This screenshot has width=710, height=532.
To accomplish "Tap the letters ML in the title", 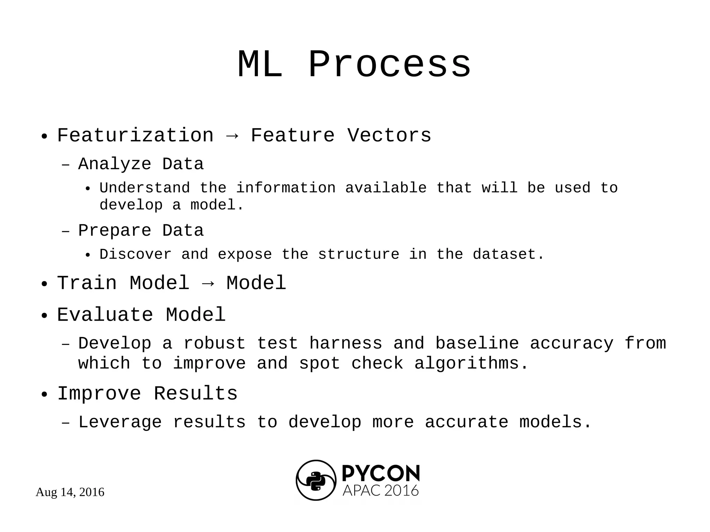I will click(x=260, y=65).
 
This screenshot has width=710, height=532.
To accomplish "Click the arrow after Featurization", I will click(x=232, y=136).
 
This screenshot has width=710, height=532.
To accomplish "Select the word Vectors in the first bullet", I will click(x=389, y=135).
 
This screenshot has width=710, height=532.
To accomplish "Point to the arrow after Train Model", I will click(x=208, y=284).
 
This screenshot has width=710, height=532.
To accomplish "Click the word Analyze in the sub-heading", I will click(x=115, y=164).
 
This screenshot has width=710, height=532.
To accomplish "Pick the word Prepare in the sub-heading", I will click(x=115, y=231).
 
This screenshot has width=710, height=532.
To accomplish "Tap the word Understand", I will click(x=145, y=188).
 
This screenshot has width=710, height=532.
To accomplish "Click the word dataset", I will click(x=508, y=254).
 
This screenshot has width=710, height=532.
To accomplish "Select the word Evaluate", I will click(x=105, y=315).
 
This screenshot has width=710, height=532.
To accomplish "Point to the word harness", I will click(x=346, y=343).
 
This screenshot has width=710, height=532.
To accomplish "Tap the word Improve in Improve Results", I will click(x=99, y=394).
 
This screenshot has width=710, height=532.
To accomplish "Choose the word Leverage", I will click(x=120, y=422).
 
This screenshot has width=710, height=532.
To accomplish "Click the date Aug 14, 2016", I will click(x=70, y=492).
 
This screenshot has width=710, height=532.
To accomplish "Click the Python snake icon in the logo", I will click(x=316, y=480).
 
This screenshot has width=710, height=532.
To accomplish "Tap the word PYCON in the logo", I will click(x=381, y=473).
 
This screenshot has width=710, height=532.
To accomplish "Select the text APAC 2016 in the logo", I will click(x=381, y=491).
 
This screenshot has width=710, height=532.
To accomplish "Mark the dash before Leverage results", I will click(x=66, y=423).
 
